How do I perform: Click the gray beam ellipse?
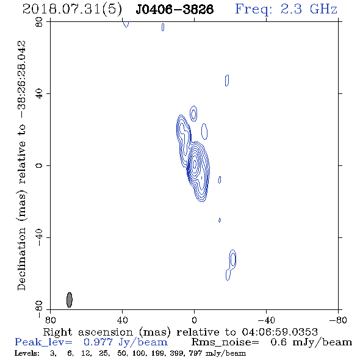point(70,300)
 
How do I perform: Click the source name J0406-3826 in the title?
point(175,9)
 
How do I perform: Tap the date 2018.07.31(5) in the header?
point(72,9)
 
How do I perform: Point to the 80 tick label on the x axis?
point(50,320)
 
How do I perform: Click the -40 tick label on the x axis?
point(266,320)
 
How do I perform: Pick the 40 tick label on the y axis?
point(39,94)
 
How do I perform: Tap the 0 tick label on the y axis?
point(39,165)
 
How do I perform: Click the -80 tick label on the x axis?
point(338,320)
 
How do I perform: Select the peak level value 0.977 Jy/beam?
point(125,342)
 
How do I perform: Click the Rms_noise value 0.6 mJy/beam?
point(311,342)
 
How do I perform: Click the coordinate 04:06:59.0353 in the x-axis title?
point(279,332)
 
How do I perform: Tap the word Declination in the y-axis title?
point(21,259)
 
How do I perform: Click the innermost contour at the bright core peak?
point(195,164)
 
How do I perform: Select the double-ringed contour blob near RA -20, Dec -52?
point(232,259)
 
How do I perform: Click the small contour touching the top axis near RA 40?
point(126,24)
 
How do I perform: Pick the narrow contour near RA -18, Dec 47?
point(227,81)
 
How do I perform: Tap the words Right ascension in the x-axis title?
point(88,332)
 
